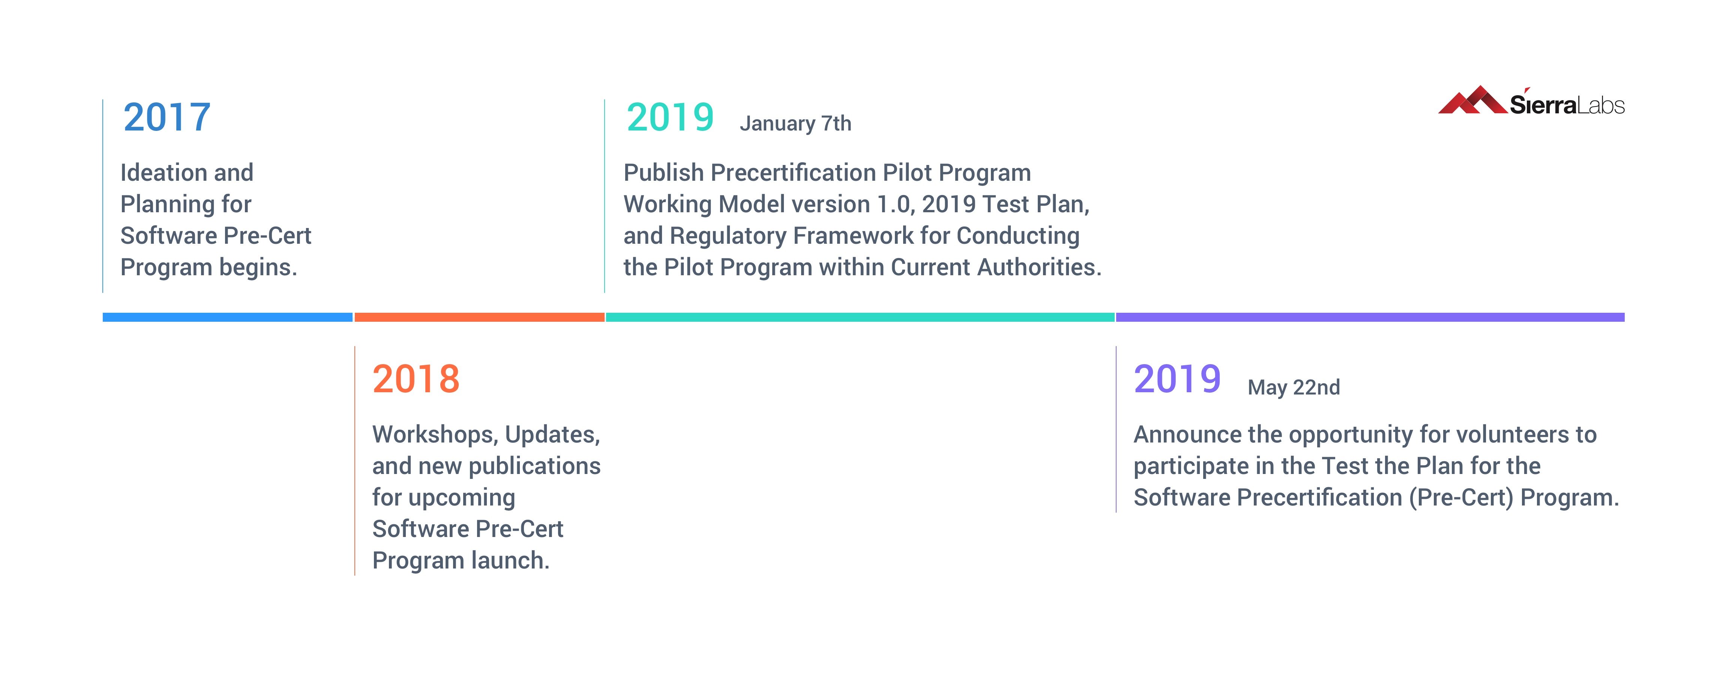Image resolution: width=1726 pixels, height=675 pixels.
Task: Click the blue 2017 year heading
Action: [x=167, y=117]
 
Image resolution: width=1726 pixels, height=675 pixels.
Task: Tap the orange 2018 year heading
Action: [x=416, y=379]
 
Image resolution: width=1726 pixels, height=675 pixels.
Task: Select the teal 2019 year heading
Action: [x=670, y=117]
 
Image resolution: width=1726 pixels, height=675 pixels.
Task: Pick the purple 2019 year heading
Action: [x=1177, y=379]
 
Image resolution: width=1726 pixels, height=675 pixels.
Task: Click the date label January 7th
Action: [x=795, y=123]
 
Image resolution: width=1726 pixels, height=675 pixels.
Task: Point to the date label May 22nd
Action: [x=1294, y=387]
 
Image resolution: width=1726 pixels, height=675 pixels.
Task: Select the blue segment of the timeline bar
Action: [x=228, y=317]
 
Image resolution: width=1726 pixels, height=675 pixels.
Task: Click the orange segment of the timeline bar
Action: [x=479, y=317]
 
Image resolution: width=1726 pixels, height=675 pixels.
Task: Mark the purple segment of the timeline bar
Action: [x=1370, y=317]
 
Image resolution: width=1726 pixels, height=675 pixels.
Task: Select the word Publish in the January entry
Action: [x=663, y=173]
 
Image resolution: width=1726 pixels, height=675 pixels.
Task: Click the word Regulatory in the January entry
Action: [x=728, y=236]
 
